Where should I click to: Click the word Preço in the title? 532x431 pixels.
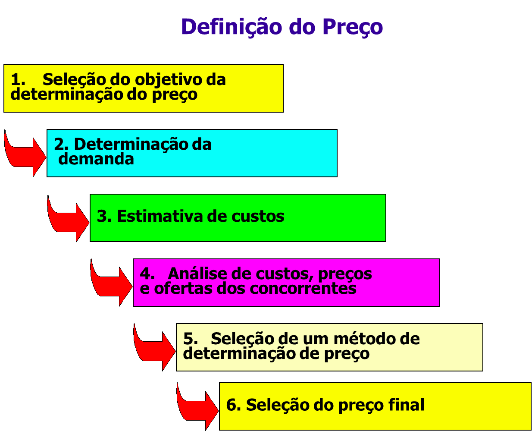tap(352, 28)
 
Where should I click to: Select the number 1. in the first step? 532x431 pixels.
tap(18, 80)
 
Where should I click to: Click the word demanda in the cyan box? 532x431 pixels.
tap(96, 159)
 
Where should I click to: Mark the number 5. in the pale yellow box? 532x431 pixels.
tap(191, 339)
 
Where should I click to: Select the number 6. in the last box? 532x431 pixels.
tap(233, 405)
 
